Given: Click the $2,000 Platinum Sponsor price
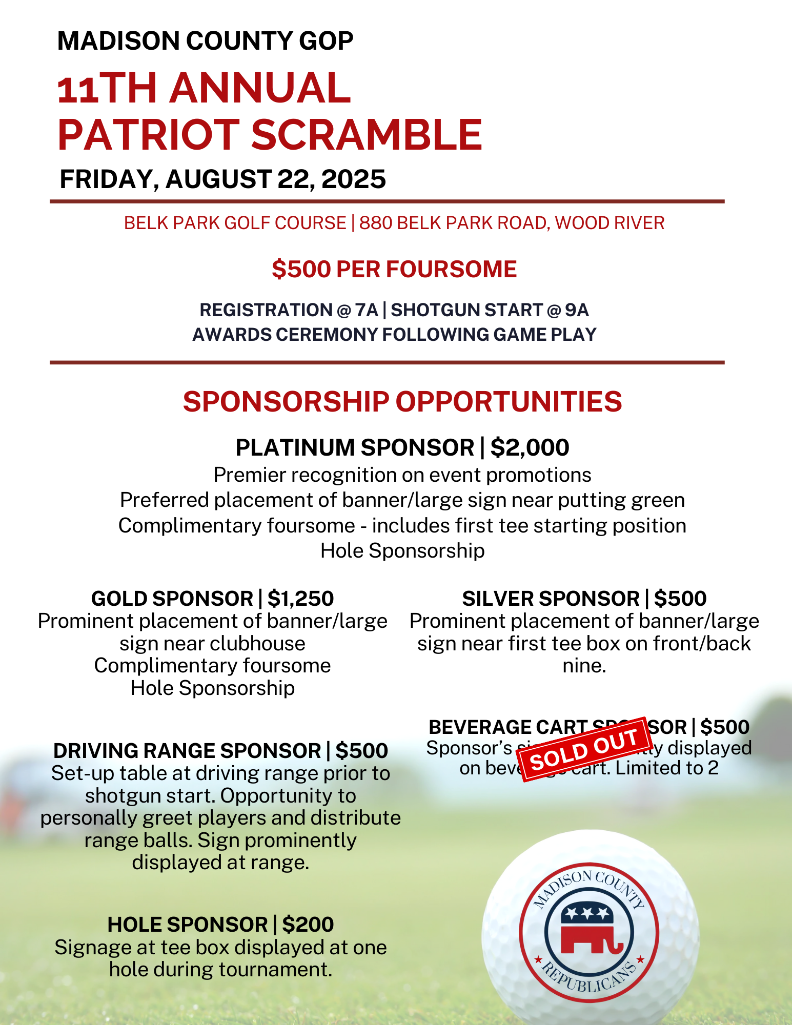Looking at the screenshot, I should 530,447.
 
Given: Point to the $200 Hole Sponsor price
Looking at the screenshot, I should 308,925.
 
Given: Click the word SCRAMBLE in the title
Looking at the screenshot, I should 367,135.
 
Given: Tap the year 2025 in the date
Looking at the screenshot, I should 353,179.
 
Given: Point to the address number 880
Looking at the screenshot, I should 375,223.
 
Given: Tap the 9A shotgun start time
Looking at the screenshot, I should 577,310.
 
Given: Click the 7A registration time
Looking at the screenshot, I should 366,310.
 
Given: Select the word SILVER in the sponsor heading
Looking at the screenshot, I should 498,599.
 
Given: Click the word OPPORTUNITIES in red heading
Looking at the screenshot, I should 509,401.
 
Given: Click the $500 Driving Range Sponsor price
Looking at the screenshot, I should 361,751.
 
